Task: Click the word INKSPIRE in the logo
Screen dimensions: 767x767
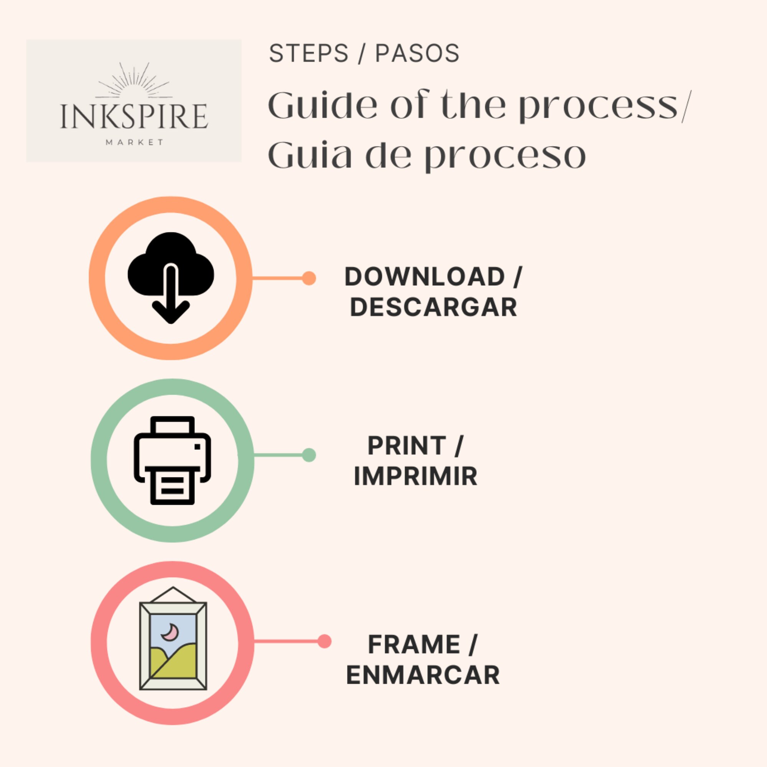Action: point(134,116)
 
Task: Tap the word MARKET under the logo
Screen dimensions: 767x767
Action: point(134,142)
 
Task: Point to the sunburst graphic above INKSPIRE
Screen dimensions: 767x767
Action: point(134,80)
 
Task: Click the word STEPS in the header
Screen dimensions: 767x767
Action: point(308,53)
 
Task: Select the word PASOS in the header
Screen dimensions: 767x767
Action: point(417,53)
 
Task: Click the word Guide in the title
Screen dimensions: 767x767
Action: point(323,105)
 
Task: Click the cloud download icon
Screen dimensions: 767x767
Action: point(171,278)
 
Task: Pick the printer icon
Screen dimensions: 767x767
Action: point(172,461)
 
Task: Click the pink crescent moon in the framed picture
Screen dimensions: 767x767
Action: point(170,632)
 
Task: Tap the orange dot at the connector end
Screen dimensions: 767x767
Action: point(309,278)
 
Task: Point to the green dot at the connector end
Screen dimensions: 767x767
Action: point(309,455)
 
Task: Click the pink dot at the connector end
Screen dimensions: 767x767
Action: point(325,641)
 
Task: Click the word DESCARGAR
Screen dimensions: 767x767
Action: point(433,307)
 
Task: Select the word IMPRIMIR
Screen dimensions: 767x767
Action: point(416,476)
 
